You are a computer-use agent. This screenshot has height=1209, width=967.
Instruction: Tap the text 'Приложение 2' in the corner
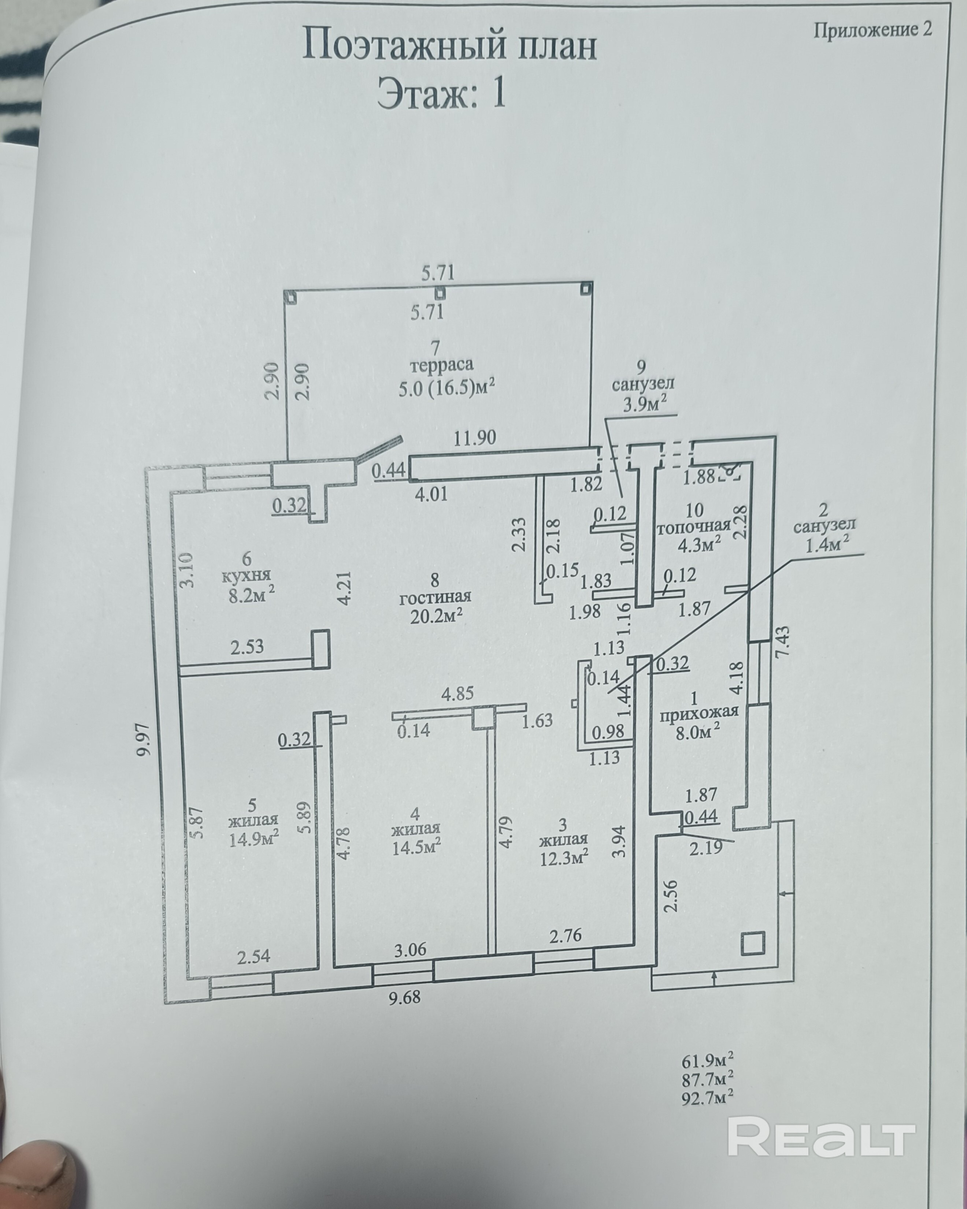coord(873,29)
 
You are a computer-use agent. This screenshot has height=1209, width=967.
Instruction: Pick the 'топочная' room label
coord(694,527)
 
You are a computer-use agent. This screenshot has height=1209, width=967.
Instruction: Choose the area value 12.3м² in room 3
coord(564,873)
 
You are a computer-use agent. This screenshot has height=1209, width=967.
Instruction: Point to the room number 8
coord(435,578)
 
